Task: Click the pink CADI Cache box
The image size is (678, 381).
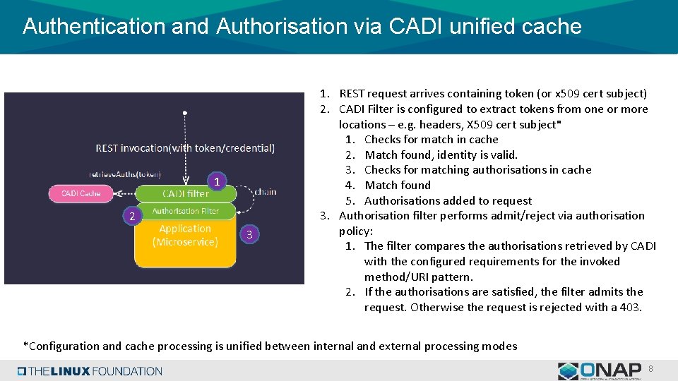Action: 81,193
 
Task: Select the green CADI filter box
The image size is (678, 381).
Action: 185,193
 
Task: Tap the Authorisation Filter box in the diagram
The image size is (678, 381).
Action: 185,211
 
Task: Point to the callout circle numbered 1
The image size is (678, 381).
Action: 218,182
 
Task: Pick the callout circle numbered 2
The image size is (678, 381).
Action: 131,217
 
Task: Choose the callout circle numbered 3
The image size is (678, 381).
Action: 249,234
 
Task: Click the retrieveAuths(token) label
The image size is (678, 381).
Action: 124,174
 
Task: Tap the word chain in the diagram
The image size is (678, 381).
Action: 265,191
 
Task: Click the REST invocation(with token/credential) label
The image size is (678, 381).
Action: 185,148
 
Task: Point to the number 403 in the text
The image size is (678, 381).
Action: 630,307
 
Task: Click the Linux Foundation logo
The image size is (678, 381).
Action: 90,370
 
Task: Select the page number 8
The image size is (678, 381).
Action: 650,368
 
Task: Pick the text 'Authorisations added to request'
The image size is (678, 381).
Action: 448,200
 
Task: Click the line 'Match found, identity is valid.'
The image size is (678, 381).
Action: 441,155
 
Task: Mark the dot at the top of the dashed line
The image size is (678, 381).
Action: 185,112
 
